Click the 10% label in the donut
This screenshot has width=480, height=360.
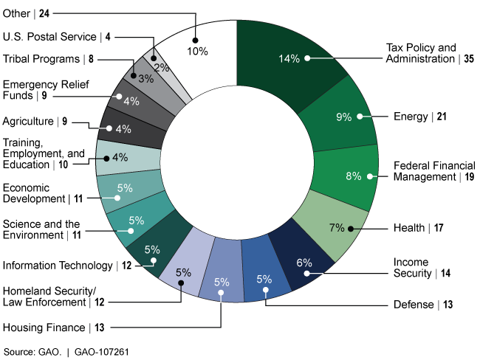tap(197, 51)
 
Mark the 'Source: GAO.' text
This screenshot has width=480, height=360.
tap(32, 350)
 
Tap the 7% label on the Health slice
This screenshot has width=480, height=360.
tap(337, 228)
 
